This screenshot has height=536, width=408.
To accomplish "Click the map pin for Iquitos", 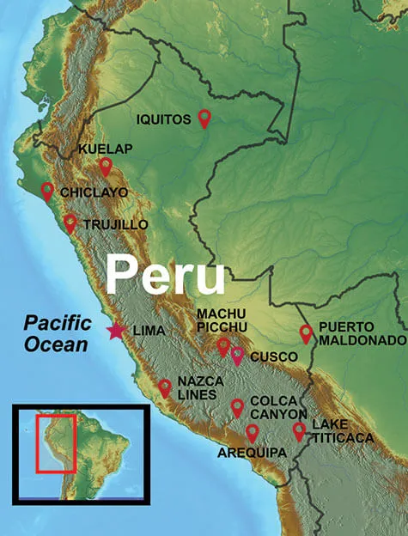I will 204,118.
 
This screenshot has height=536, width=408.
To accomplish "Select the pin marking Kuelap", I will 106,165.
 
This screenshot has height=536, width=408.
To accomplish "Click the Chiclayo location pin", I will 47,191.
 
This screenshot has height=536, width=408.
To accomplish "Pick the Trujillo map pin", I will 70,222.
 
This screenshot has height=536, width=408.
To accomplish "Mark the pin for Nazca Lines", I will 165,387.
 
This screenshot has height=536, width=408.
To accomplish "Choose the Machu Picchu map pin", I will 223,346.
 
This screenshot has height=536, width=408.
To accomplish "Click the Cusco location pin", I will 238,355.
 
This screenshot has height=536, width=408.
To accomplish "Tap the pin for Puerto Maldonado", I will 305,333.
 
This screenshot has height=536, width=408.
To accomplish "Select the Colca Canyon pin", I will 237,407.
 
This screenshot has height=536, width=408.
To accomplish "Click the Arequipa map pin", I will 252,432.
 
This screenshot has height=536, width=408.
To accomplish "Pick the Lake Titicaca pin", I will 299,430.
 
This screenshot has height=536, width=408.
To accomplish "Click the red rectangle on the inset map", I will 57,443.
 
